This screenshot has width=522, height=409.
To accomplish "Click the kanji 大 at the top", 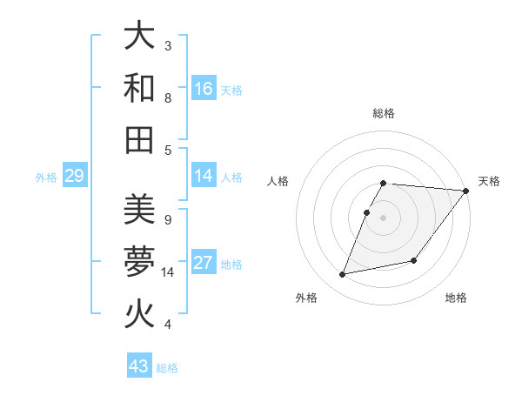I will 140,37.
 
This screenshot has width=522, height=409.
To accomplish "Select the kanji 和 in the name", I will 140,89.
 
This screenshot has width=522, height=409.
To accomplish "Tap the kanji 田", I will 140,140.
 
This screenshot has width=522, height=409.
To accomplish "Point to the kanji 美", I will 140,210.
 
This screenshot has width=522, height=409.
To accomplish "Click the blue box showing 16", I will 204,89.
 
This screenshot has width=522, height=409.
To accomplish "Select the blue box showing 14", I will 204,176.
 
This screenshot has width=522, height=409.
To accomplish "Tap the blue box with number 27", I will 204,263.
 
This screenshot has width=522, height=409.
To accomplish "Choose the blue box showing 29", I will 74,176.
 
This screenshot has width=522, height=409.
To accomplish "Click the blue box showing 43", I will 139,366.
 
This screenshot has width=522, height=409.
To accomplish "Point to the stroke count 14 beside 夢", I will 169,272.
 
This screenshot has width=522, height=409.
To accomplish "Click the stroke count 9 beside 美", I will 168,219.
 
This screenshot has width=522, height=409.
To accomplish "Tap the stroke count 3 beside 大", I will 168,45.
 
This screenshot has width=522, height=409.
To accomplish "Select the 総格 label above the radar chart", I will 384,114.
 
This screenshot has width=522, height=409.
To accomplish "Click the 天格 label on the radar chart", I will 490,181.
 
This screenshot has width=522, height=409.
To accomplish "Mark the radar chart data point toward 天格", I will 465,191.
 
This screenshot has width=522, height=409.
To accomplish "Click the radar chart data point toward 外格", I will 343,275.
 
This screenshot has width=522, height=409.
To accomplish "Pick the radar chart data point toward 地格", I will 415,260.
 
